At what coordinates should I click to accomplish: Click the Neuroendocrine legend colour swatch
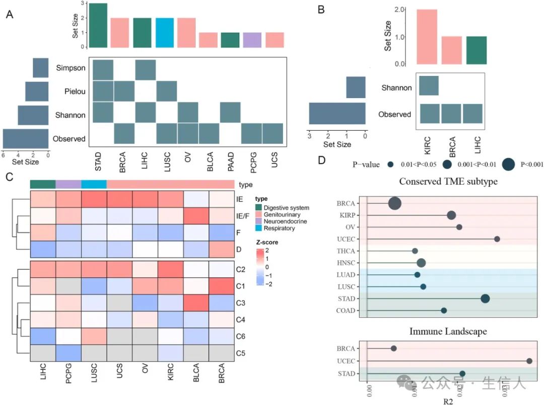coord(258,221)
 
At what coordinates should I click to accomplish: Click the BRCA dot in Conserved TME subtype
coord(395,203)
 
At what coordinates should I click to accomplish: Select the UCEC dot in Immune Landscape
coord(529,361)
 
